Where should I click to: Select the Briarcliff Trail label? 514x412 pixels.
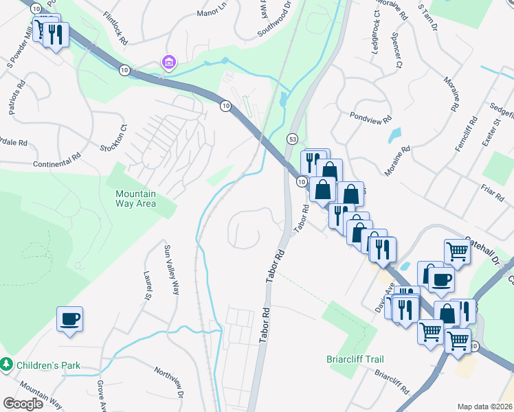(x=355, y=359)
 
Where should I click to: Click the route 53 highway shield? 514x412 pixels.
(x=292, y=139)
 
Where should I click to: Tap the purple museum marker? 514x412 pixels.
(x=168, y=63)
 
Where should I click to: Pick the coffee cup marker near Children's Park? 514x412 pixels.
(x=70, y=319)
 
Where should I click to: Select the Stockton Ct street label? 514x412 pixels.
(x=113, y=137)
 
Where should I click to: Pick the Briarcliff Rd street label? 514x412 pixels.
(x=392, y=385)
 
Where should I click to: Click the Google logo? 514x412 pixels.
(x=23, y=404)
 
